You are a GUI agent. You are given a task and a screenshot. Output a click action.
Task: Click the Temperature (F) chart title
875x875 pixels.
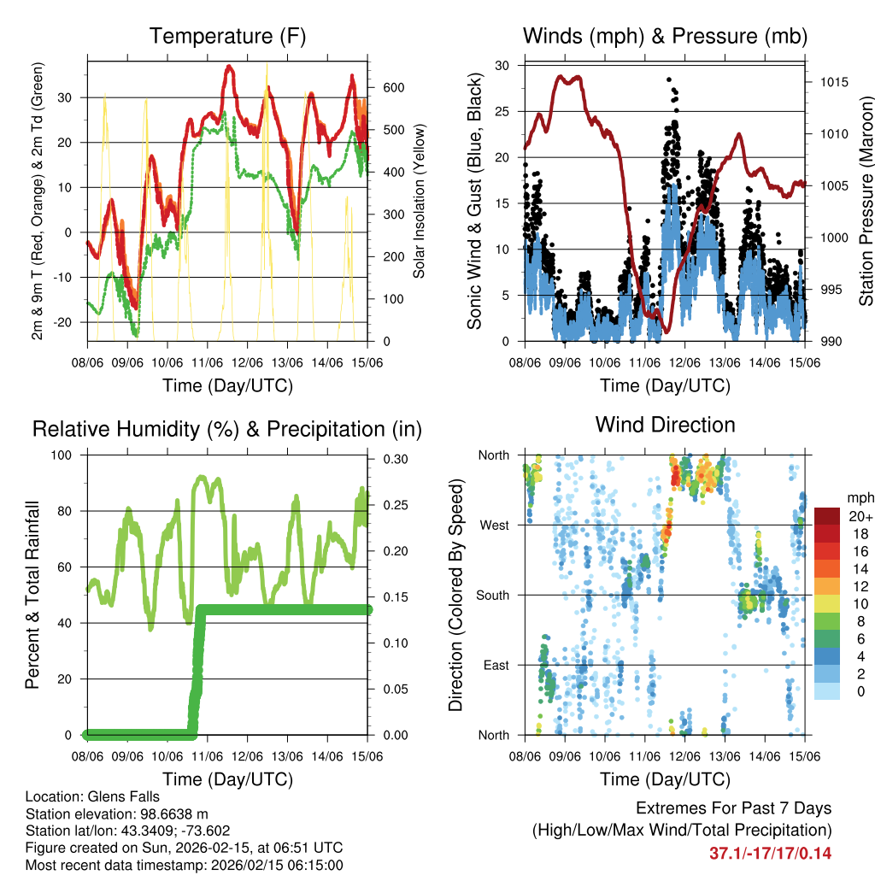pyautogui.click(x=227, y=36)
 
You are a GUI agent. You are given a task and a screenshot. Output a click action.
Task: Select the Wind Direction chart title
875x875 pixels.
pyautogui.click(x=665, y=424)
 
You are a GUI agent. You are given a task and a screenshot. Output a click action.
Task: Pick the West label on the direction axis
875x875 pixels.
pyautogui.click(x=495, y=525)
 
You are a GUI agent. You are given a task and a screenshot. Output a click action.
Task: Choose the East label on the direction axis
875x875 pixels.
pyautogui.click(x=496, y=665)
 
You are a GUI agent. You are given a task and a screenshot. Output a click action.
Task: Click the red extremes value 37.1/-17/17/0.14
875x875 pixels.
pyautogui.click(x=770, y=853)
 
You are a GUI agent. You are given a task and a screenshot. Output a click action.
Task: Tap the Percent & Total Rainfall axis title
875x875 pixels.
pyautogui.click(x=32, y=595)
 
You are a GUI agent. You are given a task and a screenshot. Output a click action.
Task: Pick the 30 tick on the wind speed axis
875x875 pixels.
pyautogui.click(x=502, y=65)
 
